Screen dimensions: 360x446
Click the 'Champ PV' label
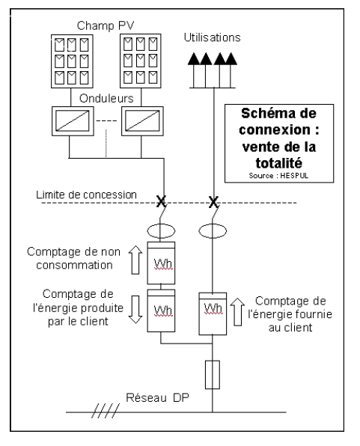point(106,26)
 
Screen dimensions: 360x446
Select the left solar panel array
point(72,61)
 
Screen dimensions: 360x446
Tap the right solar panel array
point(141,61)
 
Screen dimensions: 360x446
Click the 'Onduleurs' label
point(106,99)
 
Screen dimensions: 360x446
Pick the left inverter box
point(73,121)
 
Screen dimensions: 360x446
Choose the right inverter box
point(142,121)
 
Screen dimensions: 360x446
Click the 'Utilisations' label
point(212,37)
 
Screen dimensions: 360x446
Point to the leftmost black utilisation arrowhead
point(194,59)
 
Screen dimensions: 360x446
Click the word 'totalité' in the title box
point(279,163)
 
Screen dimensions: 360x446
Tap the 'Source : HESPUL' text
point(278,176)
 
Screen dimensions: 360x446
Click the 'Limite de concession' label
point(86,195)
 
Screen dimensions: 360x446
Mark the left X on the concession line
point(161,201)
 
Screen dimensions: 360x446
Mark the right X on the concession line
point(213,202)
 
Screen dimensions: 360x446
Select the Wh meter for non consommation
point(161,263)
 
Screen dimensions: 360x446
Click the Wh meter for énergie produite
point(161,311)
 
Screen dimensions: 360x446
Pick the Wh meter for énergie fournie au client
point(213,314)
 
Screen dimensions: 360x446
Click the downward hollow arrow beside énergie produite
point(135,310)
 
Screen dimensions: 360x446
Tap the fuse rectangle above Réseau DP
point(213,375)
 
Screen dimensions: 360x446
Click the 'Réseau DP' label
point(157,397)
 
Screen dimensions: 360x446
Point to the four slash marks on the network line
point(106,411)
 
